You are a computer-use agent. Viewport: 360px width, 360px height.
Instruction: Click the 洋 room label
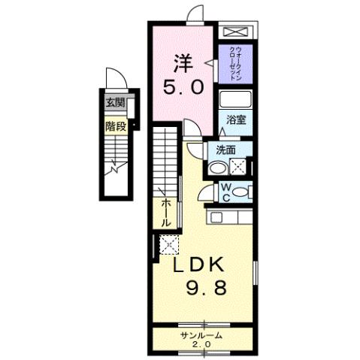tap(184, 61)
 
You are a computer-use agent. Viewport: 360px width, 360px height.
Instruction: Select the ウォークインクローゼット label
tap(236, 63)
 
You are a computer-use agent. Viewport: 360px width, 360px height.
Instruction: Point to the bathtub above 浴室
tap(236, 100)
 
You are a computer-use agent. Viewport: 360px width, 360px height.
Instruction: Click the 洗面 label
tap(226, 150)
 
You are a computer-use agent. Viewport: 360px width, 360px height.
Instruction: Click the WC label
tap(225, 192)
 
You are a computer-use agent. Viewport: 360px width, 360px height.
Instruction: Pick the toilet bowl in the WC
tap(240, 193)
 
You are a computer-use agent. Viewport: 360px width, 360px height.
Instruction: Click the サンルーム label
tap(201, 335)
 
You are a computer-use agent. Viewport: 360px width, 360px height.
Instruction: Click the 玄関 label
tap(115, 103)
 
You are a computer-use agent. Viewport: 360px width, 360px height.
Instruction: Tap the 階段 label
tap(115, 126)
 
